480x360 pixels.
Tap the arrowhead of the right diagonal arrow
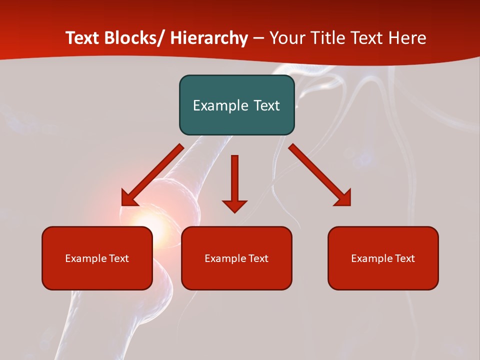(343, 198)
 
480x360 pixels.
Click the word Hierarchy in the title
(209, 38)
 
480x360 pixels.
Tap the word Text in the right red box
(405, 258)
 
